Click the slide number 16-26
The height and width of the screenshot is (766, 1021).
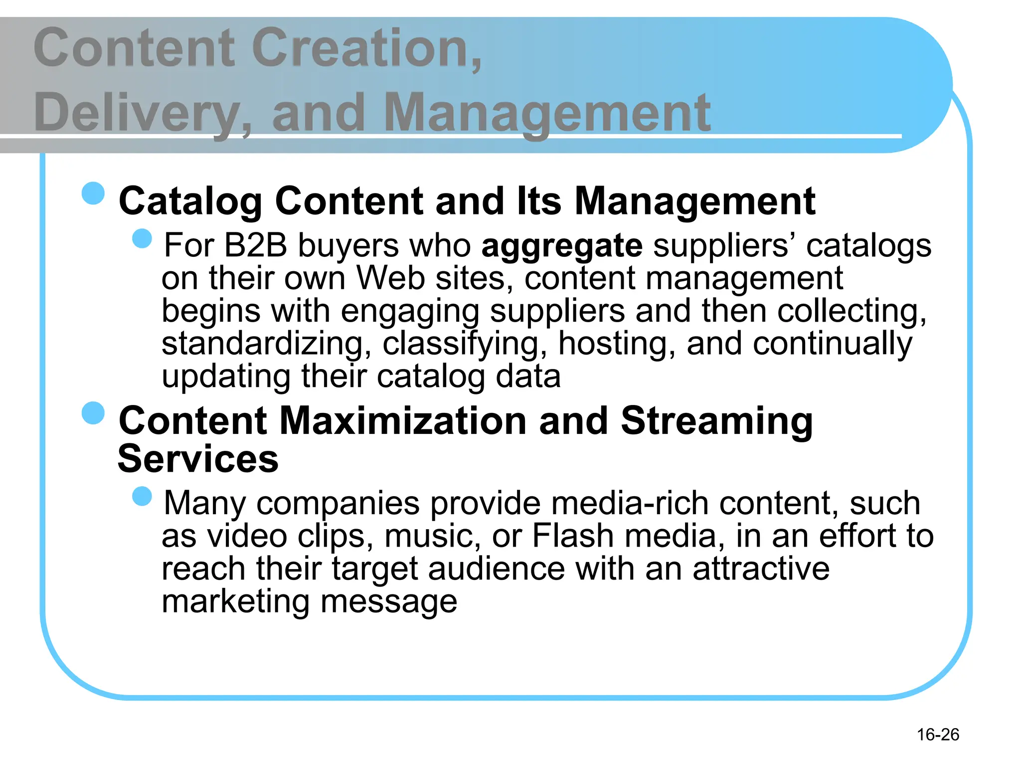pos(938,734)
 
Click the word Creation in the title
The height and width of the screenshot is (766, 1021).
pos(367,48)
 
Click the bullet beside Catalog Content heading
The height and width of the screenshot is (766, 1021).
pos(93,193)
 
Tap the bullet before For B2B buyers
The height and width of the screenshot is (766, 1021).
pos(142,238)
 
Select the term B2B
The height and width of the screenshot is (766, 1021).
pos(256,245)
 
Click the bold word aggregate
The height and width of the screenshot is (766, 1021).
pos(562,246)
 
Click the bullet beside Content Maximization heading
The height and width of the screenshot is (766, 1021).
pos(93,413)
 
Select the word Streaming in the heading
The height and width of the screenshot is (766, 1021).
pos(716,422)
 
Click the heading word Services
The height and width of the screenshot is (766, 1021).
pos(198,459)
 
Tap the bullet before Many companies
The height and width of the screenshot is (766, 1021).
pos(142,496)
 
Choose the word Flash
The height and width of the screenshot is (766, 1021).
pos(573,536)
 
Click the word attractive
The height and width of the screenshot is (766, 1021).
pos(761,569)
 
